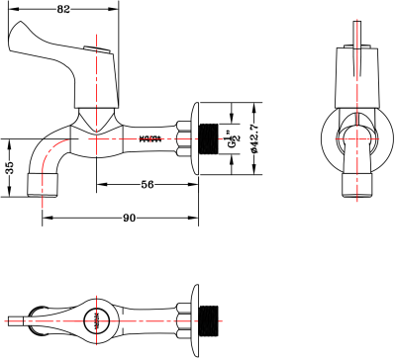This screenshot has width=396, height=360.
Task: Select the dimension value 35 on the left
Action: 8,168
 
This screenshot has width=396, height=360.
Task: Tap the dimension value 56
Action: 147,183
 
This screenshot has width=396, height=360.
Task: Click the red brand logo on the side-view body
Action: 149,137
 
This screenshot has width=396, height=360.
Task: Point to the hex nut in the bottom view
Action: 183,318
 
